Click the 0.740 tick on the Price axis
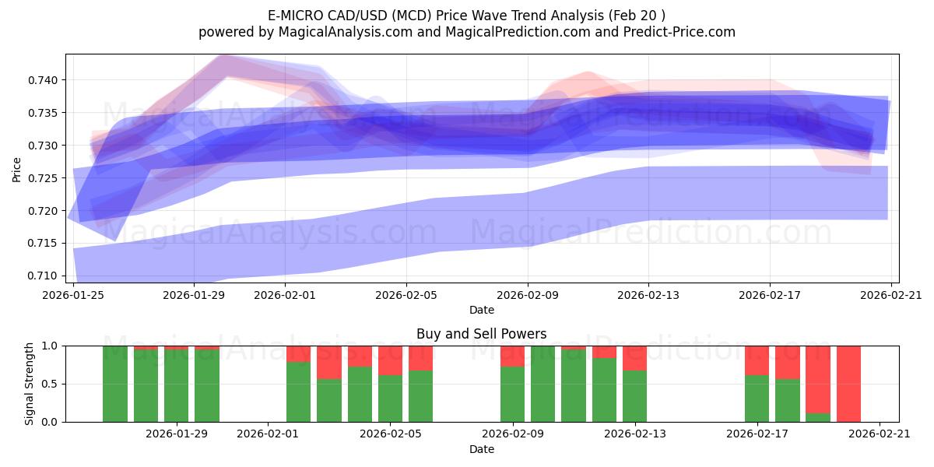pyautogui.click(x=44, y=80)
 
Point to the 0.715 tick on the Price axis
pyautogui.click(x=44, y=244)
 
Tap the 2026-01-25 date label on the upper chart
pyautogui.click(x=73, y=295)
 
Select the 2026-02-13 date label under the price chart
pyautogui.click(x=648, y=295)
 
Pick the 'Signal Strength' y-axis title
pyautogui.click(x=29, y=384)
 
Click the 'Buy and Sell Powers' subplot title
pyautogui.click(x=481, y=334)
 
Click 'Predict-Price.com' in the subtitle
pyautogui.click(x=675, y=32)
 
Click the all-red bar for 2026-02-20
pyautogui.click(x=848, y=384)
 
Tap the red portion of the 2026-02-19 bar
pyautogui.click(x=818, y=379)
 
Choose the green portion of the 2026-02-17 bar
pyautogui.click(x=757, y=399)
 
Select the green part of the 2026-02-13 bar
pyautogui.click(x=634, y=396)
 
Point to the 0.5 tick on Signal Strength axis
pyautogui.click(x=52, y=384)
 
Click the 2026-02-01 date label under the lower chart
pyautogui.click(x=268, y=434)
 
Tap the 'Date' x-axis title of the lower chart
pyautogui.click(x=481, y=449)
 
